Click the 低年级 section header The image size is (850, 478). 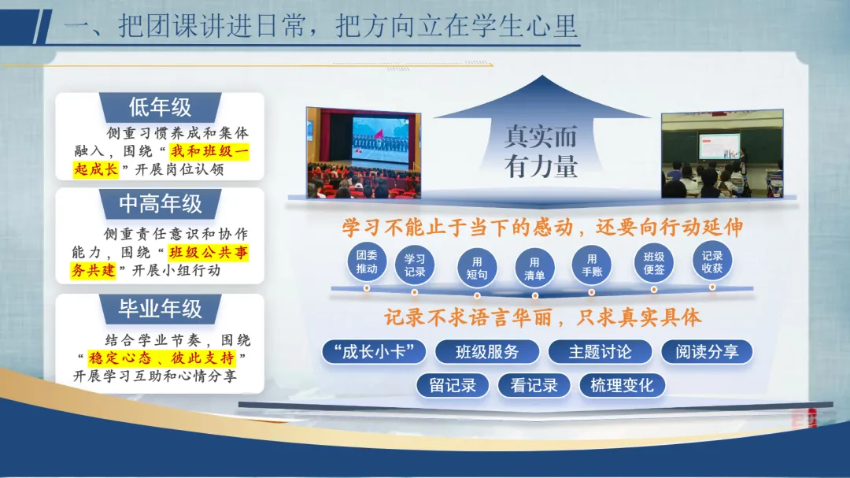click(x=161, y=107)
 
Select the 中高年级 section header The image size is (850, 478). click(x=161, y=204)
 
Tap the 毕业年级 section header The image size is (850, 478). click(x=161, y=309)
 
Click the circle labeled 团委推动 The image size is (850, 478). click(x=367, y=261)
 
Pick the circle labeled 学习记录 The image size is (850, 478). click(x=415, y=265)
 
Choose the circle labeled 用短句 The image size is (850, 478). click(x=477, y=268)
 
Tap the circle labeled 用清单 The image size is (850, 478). click(x=534, y=268)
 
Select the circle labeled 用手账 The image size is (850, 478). click(x=592, y=265)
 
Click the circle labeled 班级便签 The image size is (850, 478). click(x=654, y=263)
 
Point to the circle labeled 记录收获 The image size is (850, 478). click(x=712, y=261)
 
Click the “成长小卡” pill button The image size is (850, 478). click(x=374, y=351)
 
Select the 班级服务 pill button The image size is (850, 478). click(x=487, y=351)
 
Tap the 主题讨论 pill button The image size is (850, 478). click(x=600, y=351)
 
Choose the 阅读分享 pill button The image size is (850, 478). click(x=707, y=351)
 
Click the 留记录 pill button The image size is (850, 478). click(x=453, y=385)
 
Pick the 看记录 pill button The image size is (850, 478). click(x=534, y=385)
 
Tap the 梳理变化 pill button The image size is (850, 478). click(x=622, y=385)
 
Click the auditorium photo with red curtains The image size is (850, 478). click(x=364, y=153)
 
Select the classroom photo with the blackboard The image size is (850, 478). click(x=722, y=154)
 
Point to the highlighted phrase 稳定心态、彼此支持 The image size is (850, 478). click(x=161, y=358)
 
